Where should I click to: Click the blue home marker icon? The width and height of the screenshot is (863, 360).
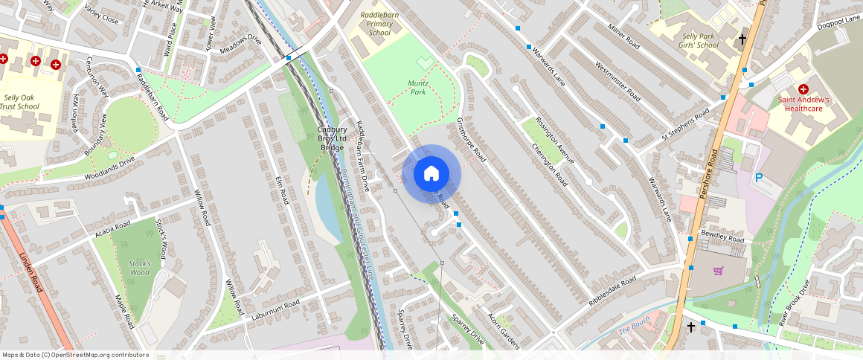[x=431, y=173]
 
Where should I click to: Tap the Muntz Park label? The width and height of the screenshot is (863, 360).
[x=419, y=88]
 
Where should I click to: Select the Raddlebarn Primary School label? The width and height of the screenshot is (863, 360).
[x=379, y=24]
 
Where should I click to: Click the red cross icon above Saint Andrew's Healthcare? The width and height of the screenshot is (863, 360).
[x=803, y=89]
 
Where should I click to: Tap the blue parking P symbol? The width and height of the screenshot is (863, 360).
[x=759, y=178]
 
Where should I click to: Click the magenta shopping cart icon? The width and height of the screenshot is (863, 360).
[x=718, y=271]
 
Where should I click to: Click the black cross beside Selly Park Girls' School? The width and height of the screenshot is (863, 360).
[x=741, y=39]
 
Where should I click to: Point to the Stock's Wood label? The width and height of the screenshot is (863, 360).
[x=139, y=268]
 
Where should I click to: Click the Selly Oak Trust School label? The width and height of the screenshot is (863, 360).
[x=21, y=102]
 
